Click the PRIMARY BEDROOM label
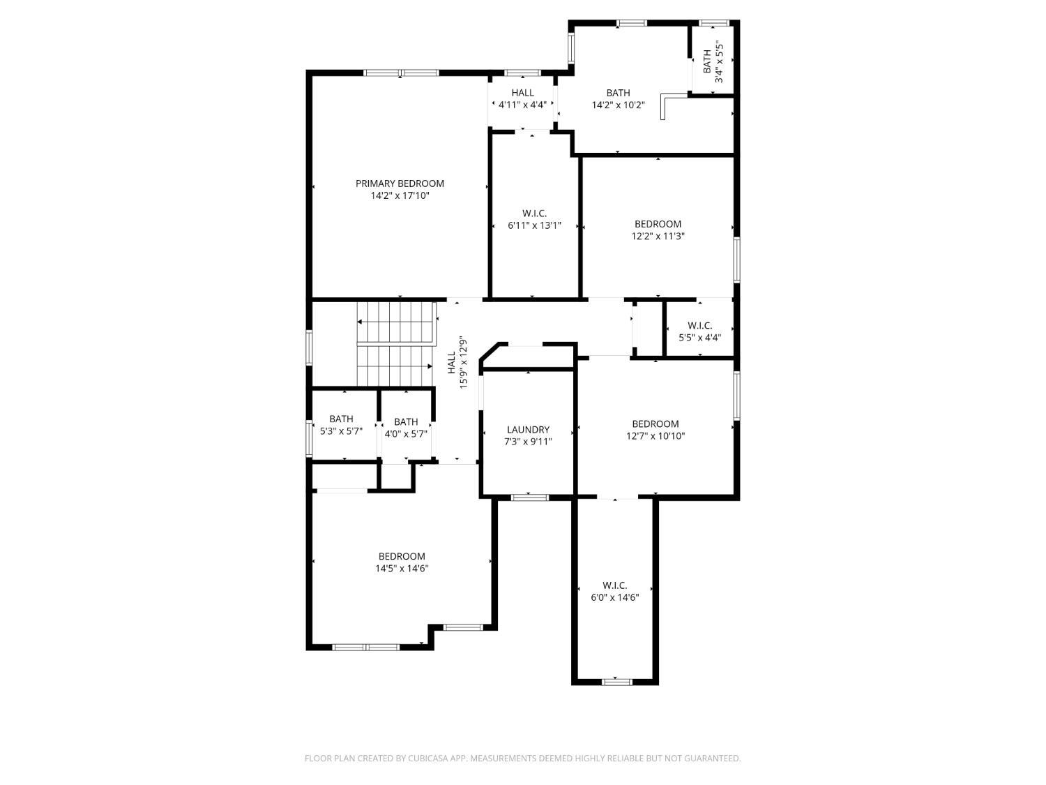(400, 184)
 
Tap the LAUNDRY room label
(528, 429)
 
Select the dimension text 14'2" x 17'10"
(400, 195)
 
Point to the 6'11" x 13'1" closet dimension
(534, 225)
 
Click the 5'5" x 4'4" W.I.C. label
(699, 331)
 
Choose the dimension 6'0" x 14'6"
(615, 598)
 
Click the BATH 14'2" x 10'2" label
(618, 99)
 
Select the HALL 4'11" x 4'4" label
(522, 98)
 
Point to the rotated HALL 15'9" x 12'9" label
(457, 363)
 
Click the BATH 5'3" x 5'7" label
(341, 425)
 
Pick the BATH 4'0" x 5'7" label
(406, 428)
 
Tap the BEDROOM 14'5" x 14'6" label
(402, 562)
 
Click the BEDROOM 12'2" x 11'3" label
(658, 230)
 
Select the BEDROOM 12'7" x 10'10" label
(655, 430)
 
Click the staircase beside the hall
(396, 344)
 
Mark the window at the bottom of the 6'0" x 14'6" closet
(616, 682)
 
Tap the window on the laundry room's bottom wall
(530, 498)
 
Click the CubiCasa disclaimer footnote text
(523, 758)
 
